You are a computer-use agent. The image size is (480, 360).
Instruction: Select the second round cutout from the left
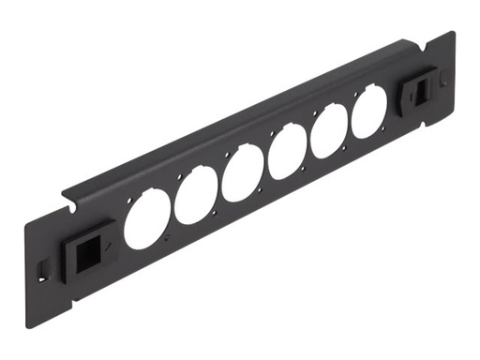click(x=196, y=197)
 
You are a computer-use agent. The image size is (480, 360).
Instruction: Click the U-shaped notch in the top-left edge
click(x=69, y=200)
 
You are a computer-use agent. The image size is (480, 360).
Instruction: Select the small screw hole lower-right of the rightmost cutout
click(x=386, y=128)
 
